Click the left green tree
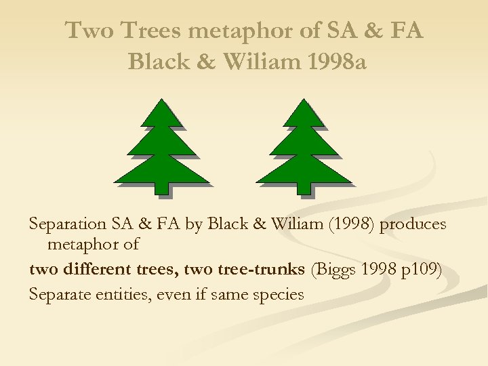[161, 152]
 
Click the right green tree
[304, 152]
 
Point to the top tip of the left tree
[161, 101]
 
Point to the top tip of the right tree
[304, 101]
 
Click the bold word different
[98, 269]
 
